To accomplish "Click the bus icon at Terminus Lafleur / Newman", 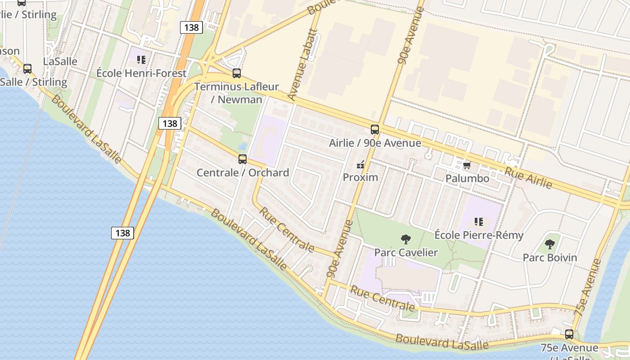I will [237, 73].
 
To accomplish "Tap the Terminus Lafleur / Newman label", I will [237, 93].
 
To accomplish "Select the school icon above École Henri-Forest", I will [141, 60].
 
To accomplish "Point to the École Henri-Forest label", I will [141, 73].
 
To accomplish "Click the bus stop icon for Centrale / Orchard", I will [243, 159].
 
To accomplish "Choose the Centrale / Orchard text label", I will [243, 172].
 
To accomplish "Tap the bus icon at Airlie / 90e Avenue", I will [375, 130].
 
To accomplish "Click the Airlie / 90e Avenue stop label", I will [375, 143].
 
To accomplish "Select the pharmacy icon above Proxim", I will [360, 164].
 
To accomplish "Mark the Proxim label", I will [360, 177].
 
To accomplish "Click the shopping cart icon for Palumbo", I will [467, 165].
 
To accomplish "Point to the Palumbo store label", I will [467, 178].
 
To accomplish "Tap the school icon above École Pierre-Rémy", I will [478, 222].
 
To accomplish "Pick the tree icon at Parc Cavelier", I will [406, 239].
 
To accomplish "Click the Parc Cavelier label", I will [406, 252].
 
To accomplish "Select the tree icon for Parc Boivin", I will [549, 244].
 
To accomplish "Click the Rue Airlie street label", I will [528, 177].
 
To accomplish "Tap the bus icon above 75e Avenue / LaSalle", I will [569, 334].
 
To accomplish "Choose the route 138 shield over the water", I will [122, 233].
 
